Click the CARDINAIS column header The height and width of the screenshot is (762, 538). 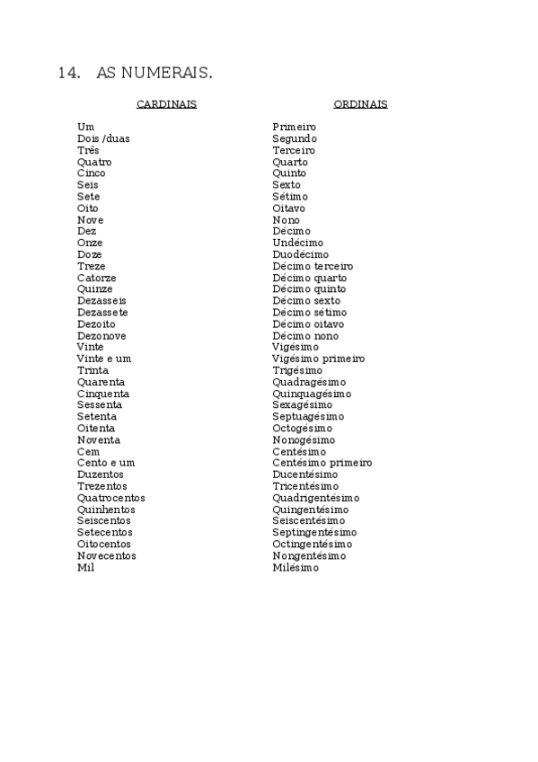(166, 104)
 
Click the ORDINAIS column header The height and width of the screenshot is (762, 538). (360, 104)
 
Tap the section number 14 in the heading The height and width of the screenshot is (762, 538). (68, 74)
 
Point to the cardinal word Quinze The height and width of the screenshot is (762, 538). (95, 289)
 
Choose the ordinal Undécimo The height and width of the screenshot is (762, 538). (298, 244)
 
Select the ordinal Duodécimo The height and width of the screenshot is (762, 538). (301, 255)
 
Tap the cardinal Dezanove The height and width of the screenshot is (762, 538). (101, 336)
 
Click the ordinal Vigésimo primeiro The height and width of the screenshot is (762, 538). (319, 359)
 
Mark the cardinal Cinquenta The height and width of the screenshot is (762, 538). (103, 394)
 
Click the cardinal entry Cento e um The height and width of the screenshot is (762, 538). (106, 463)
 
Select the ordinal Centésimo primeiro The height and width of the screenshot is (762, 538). (322, 463)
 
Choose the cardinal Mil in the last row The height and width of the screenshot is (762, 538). (85, 568)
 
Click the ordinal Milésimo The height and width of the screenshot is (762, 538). (295, 568)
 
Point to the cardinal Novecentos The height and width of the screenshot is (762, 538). (107, 556)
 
